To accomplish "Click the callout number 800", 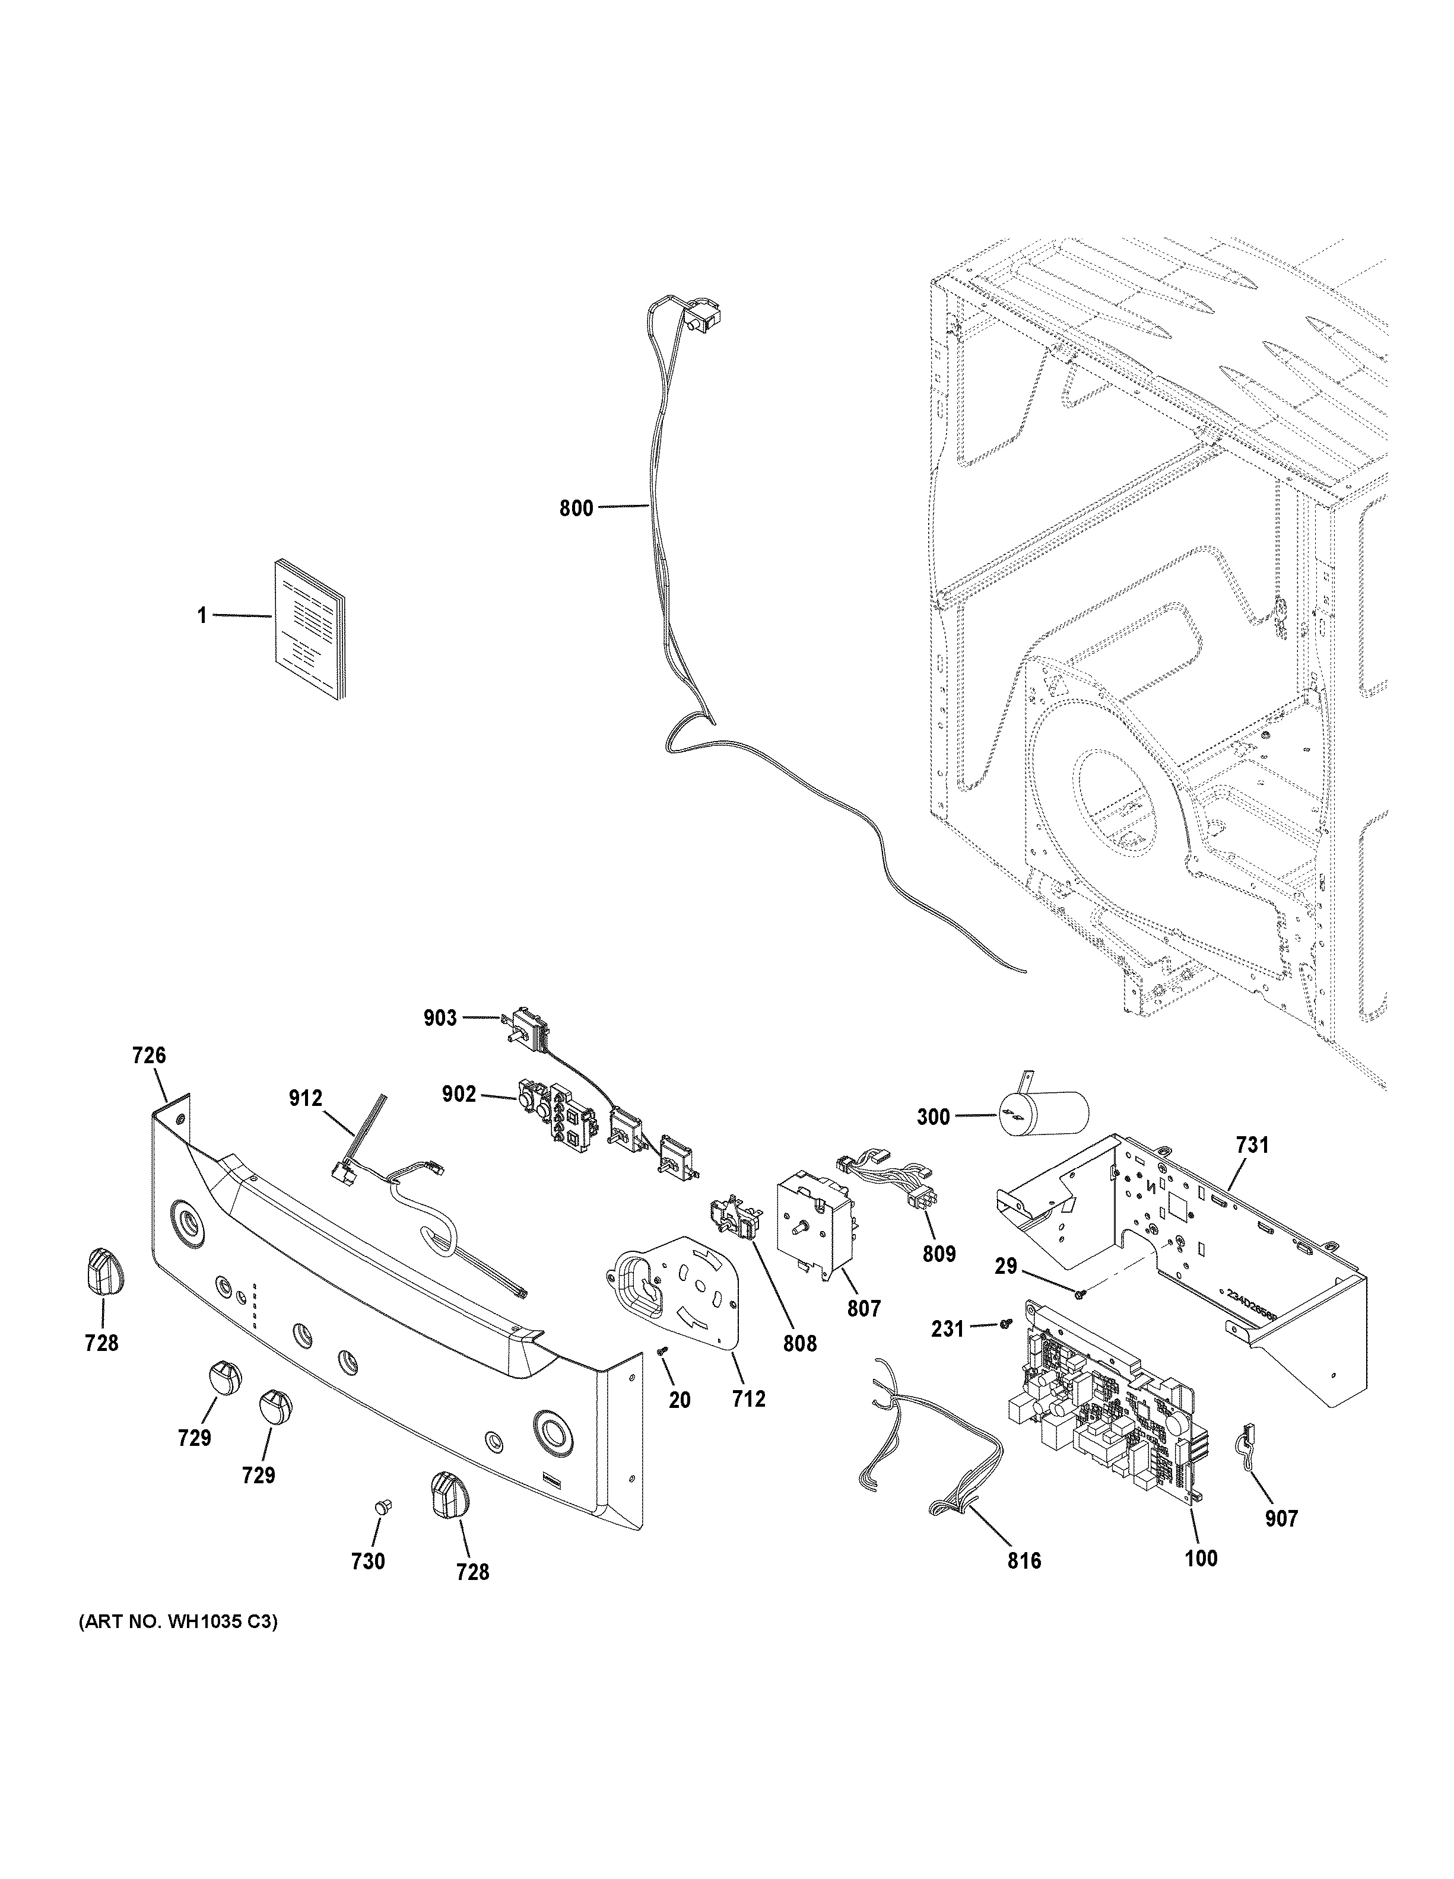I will pyautogui.click(x=576, y=508).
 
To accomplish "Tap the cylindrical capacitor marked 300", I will pyautogui.click(x=1043, y=1116).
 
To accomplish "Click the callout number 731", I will pyautogui.click(x=1252, y=1145).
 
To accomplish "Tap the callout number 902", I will pyautogui.click(x=459, y=1095).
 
